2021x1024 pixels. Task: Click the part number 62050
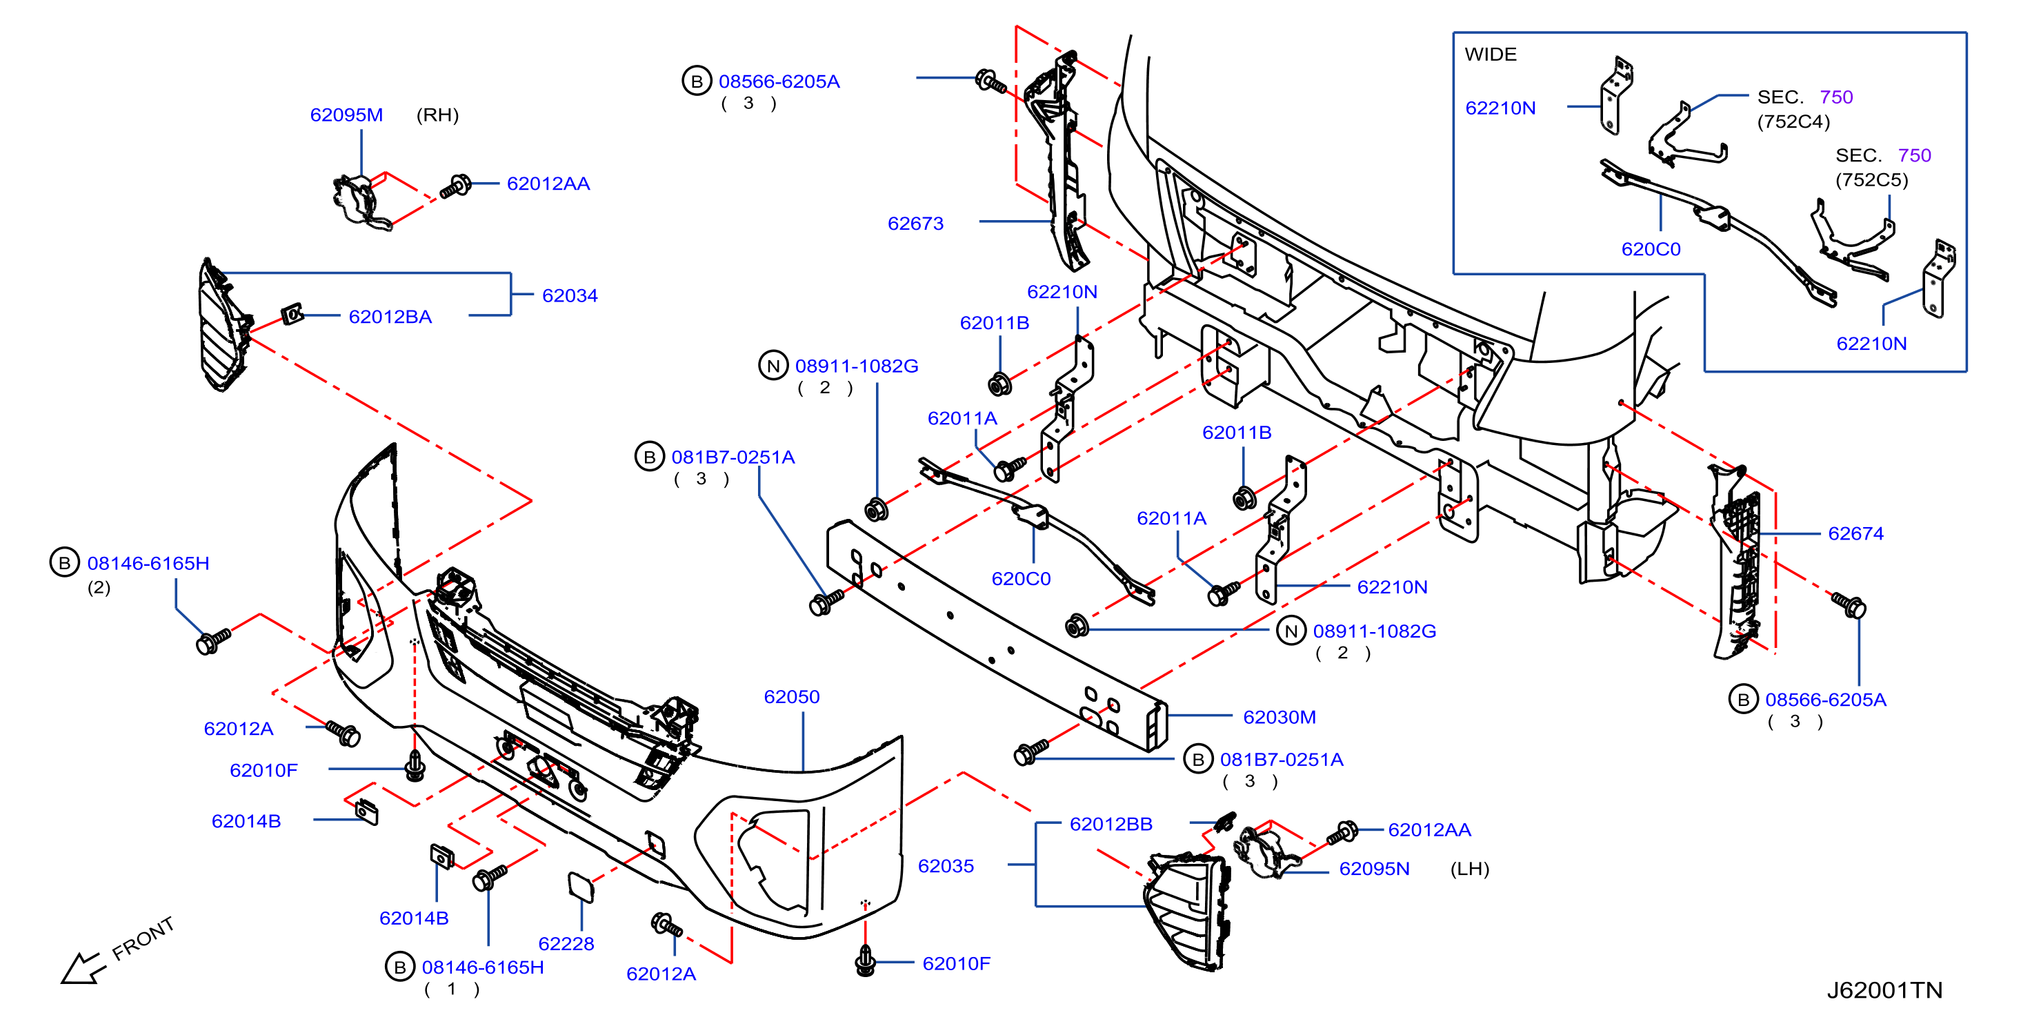click(x=792, y=697)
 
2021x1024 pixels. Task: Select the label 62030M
click(x=1280, y=717)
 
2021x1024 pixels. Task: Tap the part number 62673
click(x=915, y=224)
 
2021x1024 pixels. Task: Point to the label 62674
click(x=1855, y=533)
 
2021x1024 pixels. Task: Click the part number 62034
click(x=570, y=296)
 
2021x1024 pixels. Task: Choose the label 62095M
click(x=346, y=115)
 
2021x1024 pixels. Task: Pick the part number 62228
click(x=566, y=944)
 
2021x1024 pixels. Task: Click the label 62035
click(x=946, y=866)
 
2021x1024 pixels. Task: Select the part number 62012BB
click(x=1111, y=825)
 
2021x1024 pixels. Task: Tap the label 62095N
click(x=1374, y=869)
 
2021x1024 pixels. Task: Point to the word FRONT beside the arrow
click(x=143, y=938)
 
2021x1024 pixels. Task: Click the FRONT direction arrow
click(x=81, y=968)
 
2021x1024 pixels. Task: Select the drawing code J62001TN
click(x=1884, y=990)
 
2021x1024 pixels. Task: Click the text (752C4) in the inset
click(x=1793, y=121)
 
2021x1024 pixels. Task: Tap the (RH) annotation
click(x=437, y=115)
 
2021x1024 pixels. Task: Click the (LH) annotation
click(x=1469, y=869)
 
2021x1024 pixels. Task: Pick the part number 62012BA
click(x=390, y=317)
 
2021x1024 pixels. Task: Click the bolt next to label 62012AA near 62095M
click(x=455, y=187)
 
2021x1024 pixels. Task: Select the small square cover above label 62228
click(x=581, y=887)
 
